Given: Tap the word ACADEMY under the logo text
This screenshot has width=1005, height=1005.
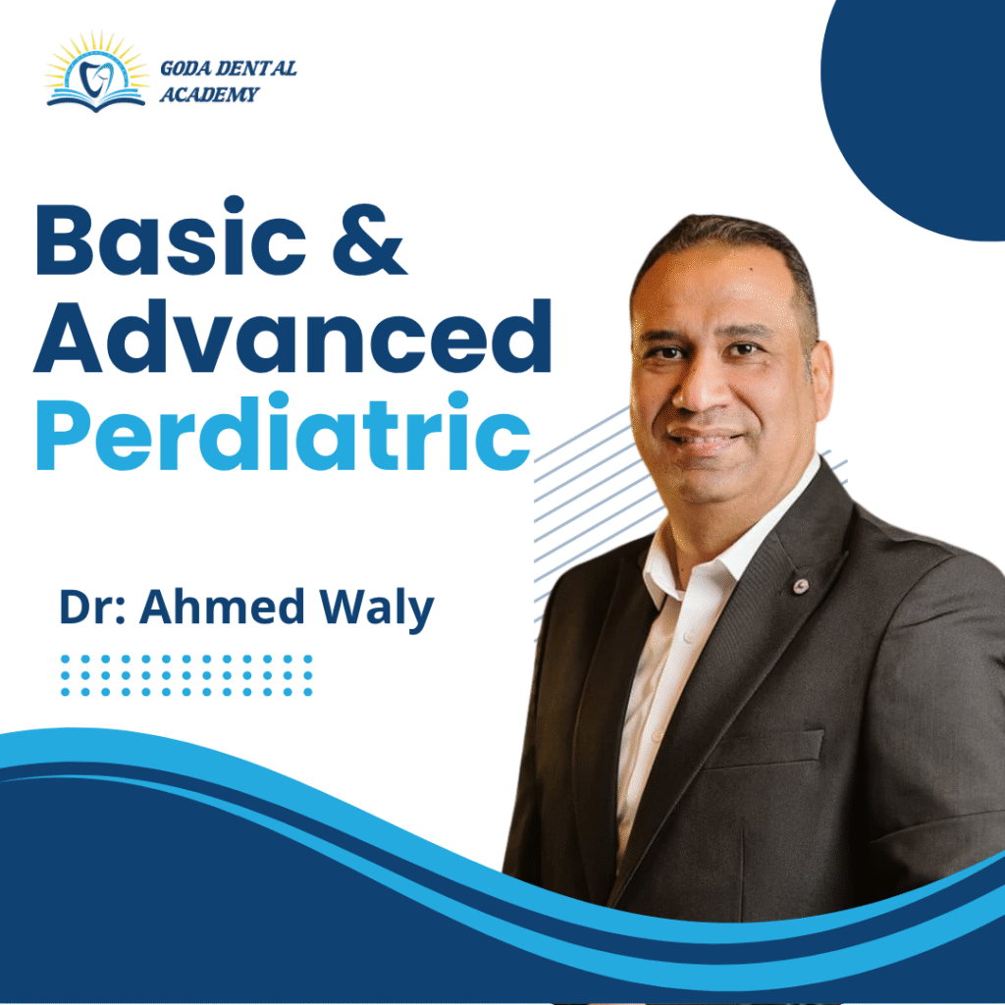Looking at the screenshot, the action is [x=209, y=94].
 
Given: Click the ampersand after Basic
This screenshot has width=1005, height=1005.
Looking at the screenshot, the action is [x=369, y=238].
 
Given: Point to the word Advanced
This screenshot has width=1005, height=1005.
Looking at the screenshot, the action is [x=292, y=336].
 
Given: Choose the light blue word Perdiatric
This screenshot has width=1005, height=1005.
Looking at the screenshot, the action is [x=284, y=432].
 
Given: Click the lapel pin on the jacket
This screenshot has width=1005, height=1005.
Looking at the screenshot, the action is [x=800, y=585].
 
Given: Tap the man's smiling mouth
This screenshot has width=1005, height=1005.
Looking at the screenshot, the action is [x=705, y=441].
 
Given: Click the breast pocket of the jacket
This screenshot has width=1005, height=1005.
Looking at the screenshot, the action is [x=766, y=750].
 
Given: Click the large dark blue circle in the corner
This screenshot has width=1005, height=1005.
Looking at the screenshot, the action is [x=917, y=109].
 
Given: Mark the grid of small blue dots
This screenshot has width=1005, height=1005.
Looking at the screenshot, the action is [x=185, y=675].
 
